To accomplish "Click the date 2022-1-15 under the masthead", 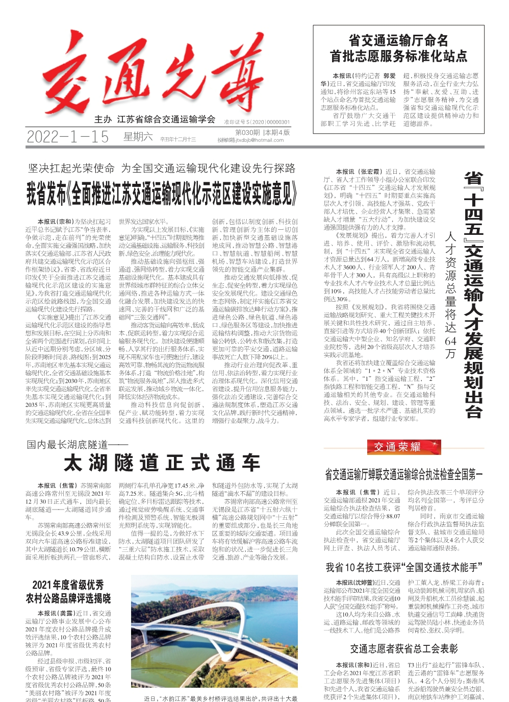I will [x=67, y=137].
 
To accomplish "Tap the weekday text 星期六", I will [x=138, y=136].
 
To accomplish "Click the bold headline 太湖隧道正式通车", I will [x=162, y=463].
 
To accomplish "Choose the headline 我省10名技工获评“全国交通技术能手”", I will [x=404, y=567].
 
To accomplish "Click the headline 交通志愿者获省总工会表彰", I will [x=404, y=649].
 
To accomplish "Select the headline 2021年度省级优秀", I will [x=68, y=585].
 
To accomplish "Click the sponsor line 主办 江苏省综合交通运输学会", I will [x=155, y=119].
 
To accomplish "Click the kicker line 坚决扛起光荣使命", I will [x=71, y=168].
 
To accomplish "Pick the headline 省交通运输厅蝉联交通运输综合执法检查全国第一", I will [x=403, y=475].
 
